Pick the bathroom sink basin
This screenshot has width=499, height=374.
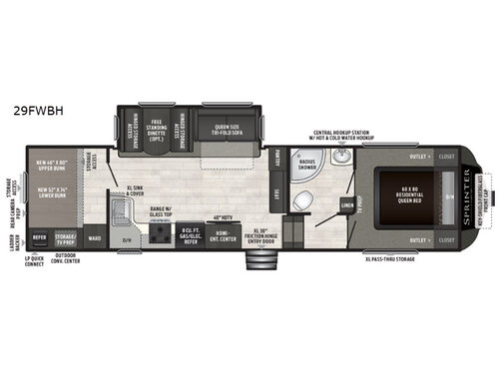(341, 159)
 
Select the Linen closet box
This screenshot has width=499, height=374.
(347, 206)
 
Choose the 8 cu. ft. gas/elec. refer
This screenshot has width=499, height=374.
(192, 234)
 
